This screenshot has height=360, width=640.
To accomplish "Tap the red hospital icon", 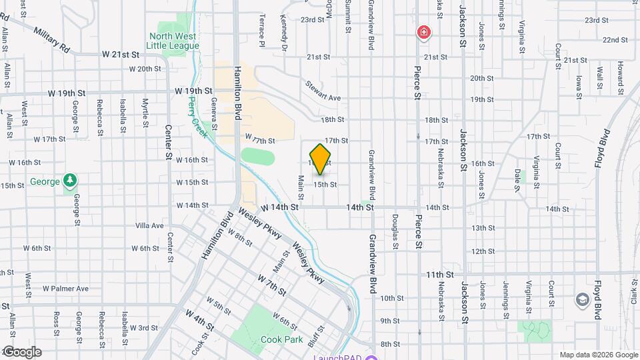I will click(x=423, y=32).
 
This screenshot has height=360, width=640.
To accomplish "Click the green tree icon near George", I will click(x=70, y=181).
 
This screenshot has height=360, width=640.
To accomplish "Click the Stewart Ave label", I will click(x=323, y=92).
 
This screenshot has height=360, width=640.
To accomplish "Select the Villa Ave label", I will click(x=149, y=225).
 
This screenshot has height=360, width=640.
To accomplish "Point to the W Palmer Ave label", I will click(x=65, y=289).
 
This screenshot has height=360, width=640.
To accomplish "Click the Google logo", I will click(x=21, y=352).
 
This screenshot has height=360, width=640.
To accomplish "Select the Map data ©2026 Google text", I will click(x=598, y=355).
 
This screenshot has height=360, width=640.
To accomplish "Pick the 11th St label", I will click(x=440, y=274).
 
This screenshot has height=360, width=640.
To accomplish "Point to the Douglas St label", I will click(x=395, y=231).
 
